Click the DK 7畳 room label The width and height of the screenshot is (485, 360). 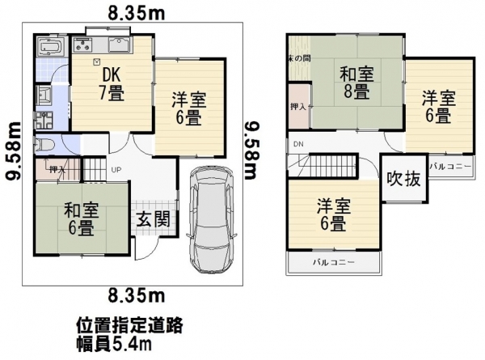click(112, 82)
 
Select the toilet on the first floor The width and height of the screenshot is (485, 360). click(45, 146)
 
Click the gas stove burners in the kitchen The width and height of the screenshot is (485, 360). click(85, 44)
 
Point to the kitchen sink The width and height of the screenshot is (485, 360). click(120, 44)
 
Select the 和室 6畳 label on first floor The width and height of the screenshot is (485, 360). click(81, 218)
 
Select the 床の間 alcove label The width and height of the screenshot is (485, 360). click(297, 59)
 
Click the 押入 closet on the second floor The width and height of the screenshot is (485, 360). click(297, 106)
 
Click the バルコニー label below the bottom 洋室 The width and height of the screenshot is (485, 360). click(333, 264)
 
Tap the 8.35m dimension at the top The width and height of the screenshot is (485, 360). click(135, 11)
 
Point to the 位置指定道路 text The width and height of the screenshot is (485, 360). click(129, 325)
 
